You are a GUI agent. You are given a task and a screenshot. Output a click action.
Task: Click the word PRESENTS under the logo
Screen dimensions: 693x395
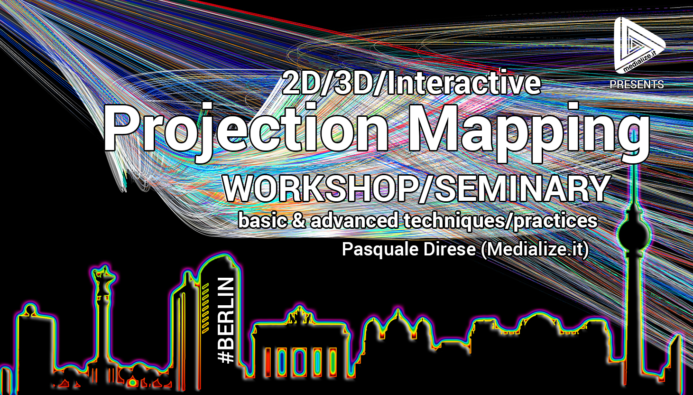point(637,84)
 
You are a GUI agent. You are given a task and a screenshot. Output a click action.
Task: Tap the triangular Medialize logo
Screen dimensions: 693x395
point(638,45)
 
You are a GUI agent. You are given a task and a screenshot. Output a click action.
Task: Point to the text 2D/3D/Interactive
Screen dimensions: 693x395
point(411,83)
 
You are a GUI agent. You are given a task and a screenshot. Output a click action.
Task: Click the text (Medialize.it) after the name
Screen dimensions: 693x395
point(535,250)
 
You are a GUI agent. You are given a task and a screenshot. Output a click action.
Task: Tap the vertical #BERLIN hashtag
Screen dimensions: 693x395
point(226,320)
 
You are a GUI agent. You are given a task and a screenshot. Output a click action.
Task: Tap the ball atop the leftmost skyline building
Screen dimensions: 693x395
point(30,309)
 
